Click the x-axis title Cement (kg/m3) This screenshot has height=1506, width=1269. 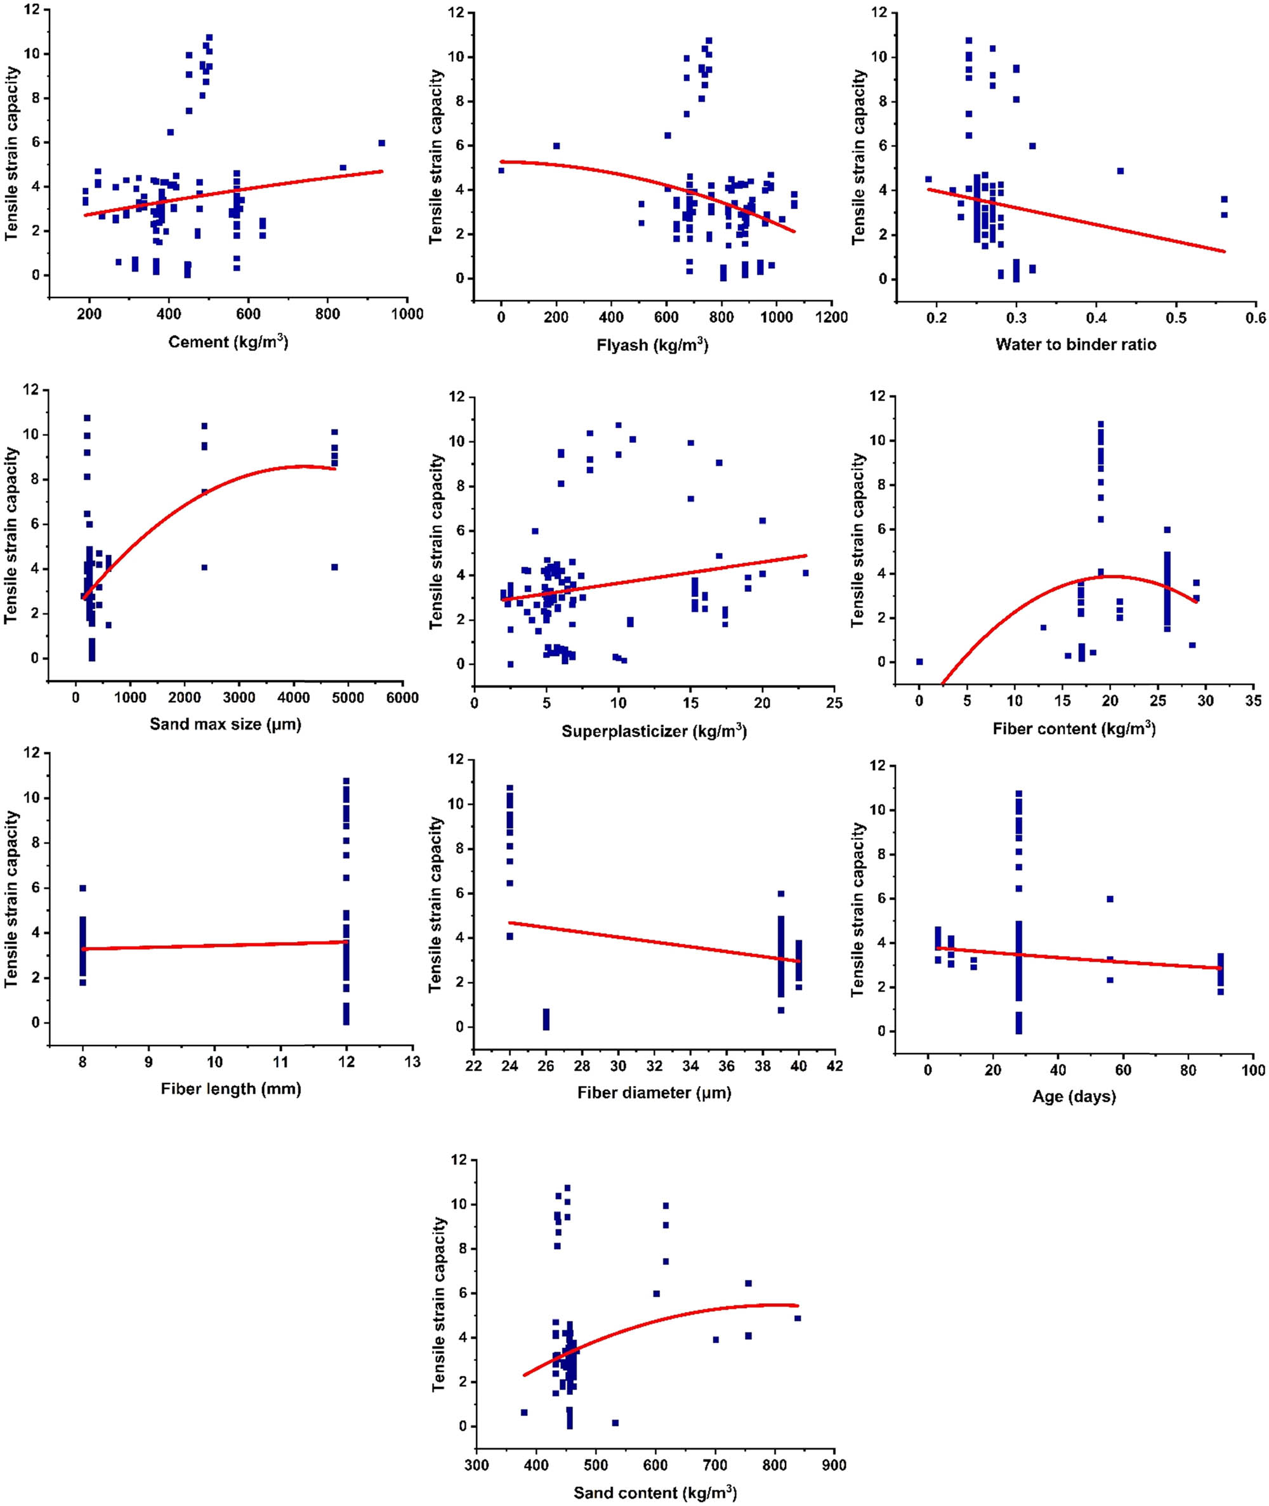[228, 342]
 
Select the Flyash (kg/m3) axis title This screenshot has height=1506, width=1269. [652, 345]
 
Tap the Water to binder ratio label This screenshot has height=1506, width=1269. [1075, 344]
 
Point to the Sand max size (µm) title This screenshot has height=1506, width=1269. [225, 724]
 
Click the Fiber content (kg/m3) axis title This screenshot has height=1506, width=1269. [1074, 728]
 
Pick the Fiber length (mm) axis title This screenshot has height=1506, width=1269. [231, 1089]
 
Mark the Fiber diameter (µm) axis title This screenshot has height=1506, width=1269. [654, 1093]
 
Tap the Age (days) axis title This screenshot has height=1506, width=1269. [1074, 1096]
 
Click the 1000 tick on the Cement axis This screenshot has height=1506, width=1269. [407, 314]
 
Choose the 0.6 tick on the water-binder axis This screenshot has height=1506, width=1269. [1255, 317]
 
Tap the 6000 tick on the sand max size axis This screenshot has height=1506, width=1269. [402, 697]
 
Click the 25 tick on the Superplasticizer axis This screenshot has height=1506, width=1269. [834, 703]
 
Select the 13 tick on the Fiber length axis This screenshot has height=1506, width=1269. [412, 1061]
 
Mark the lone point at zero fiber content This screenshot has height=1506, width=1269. [919, 662]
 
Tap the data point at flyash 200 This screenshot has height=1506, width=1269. [556, 146]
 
